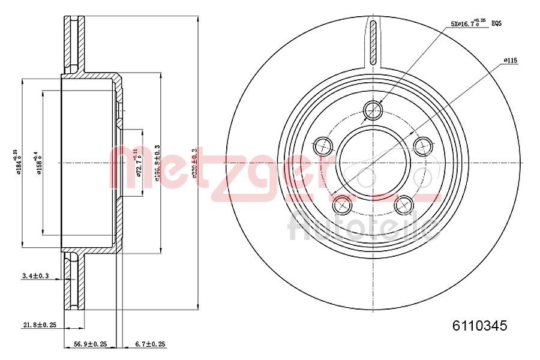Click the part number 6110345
coord(479,326)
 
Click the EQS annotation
coord(496,24)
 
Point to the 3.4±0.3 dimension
coord(35,276)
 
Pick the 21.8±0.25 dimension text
coord(40,325)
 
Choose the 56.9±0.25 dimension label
coord(90,344)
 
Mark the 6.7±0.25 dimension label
coord(150,344)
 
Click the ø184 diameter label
coord(20,162)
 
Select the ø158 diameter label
coord(38,162)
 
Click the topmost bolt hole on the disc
coord(373,110)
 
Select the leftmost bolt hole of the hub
coord(323,145)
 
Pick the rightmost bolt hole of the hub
coord(424,145)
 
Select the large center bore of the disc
coord(373,162)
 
